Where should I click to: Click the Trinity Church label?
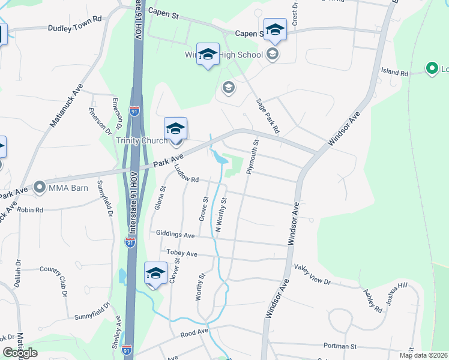142,141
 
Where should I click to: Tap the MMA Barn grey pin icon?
40,188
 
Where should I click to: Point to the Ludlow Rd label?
186,175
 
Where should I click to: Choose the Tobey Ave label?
182,254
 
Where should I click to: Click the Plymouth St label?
251,157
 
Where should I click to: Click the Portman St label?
340,346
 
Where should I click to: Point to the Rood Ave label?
193,331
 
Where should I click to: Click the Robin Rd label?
30,210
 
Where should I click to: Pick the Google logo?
20,353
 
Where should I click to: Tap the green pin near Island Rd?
431,69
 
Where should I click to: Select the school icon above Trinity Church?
175,128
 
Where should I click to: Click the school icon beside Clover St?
155,273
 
